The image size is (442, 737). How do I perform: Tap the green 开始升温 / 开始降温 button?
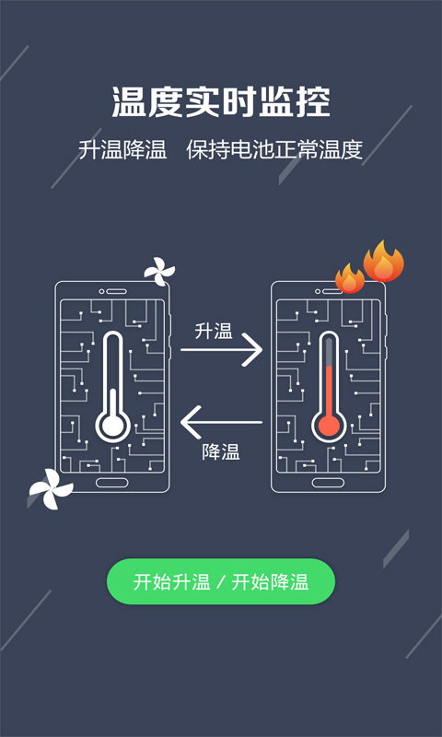pos(221,581)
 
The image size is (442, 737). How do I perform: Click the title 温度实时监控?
pos(221,102)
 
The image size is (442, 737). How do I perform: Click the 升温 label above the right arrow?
pos(214,331)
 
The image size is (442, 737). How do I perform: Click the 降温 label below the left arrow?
pos(221,451)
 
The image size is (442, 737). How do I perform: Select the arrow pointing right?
pos(221,351)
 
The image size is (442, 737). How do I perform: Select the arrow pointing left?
pos(221,423)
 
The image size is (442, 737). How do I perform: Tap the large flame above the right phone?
pos(383,263)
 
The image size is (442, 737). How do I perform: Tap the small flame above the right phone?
pos(350,277)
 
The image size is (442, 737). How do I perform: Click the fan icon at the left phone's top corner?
pos(158,271)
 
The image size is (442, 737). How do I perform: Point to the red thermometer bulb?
pos(328,425)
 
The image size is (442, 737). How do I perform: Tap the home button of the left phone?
pos(112,483)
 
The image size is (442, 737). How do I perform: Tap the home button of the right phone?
pos(328,483)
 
